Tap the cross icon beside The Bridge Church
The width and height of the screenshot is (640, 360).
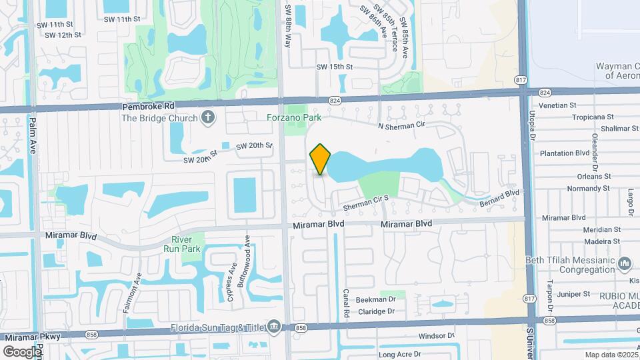coord(208,118)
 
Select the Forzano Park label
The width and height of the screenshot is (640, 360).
coord(294,117)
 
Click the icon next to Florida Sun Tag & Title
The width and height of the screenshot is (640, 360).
coord(273,325)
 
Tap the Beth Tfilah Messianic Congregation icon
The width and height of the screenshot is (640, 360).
coord(625,263)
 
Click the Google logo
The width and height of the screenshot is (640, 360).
coord(22,351)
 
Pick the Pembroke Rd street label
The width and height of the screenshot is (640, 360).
coord(148,106)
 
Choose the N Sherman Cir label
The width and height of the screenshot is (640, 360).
coord(400,125)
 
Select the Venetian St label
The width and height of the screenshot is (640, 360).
coord(558,105)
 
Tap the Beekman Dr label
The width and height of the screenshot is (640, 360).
coord(376,300)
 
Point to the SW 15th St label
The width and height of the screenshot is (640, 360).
coord(334,67)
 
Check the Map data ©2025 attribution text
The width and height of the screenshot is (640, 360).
coord(611,355)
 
